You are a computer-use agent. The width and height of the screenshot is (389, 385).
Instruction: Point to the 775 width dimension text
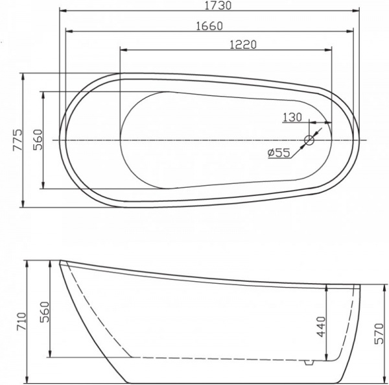pyautogui.click(x=18, y=140)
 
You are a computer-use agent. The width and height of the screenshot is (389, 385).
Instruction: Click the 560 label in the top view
pyautogui.click(x=38, y=140)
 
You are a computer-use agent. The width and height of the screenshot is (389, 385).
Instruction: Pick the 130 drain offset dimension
pyautogui.click(x=292, y=117)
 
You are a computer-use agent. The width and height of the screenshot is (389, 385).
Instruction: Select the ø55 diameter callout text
pyautogui.click(x=278, y=153)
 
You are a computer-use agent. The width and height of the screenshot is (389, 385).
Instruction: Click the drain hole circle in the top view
pyautogui.click(x=310, y=139)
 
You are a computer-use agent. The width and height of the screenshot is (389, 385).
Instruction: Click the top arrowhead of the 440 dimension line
pyautogui.click(x=329, y=288)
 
